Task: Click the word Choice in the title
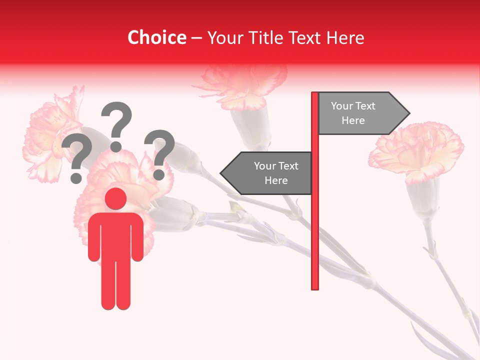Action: (156, 37)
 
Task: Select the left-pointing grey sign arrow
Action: (267, 173)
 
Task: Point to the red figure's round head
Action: (116, 199)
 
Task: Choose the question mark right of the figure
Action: (159, 153)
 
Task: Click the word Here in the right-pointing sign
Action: (353, 120)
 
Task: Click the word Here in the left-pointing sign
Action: (276, 180)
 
